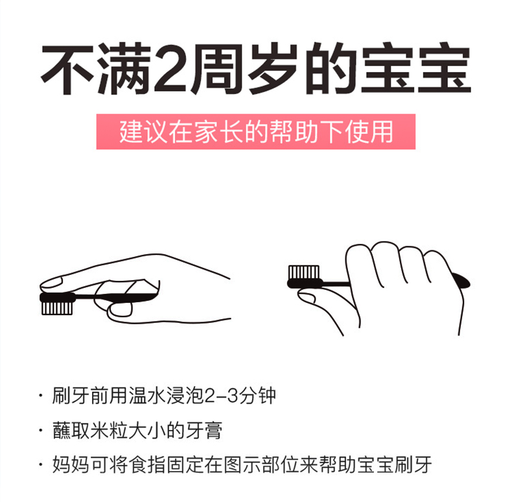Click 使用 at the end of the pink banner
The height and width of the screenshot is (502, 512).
(x=369, y=132)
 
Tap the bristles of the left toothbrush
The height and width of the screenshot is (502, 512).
(x=57, y=308)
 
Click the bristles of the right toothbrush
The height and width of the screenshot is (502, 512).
(x=304, y=272)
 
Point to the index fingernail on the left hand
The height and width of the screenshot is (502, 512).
(x=51, y=282)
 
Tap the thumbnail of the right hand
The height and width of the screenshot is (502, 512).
(x=307, y=298)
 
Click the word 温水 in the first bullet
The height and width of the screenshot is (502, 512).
(x=148, y=396)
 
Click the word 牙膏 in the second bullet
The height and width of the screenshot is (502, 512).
(x=204, y=431)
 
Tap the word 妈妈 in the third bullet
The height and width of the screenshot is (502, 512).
(x=71, y=464)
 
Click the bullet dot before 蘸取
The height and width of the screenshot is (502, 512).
(x=41, y=430)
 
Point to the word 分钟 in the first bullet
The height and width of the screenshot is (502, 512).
(x=257, y=396)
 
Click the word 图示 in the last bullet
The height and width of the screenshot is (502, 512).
(x=242, y=464)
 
